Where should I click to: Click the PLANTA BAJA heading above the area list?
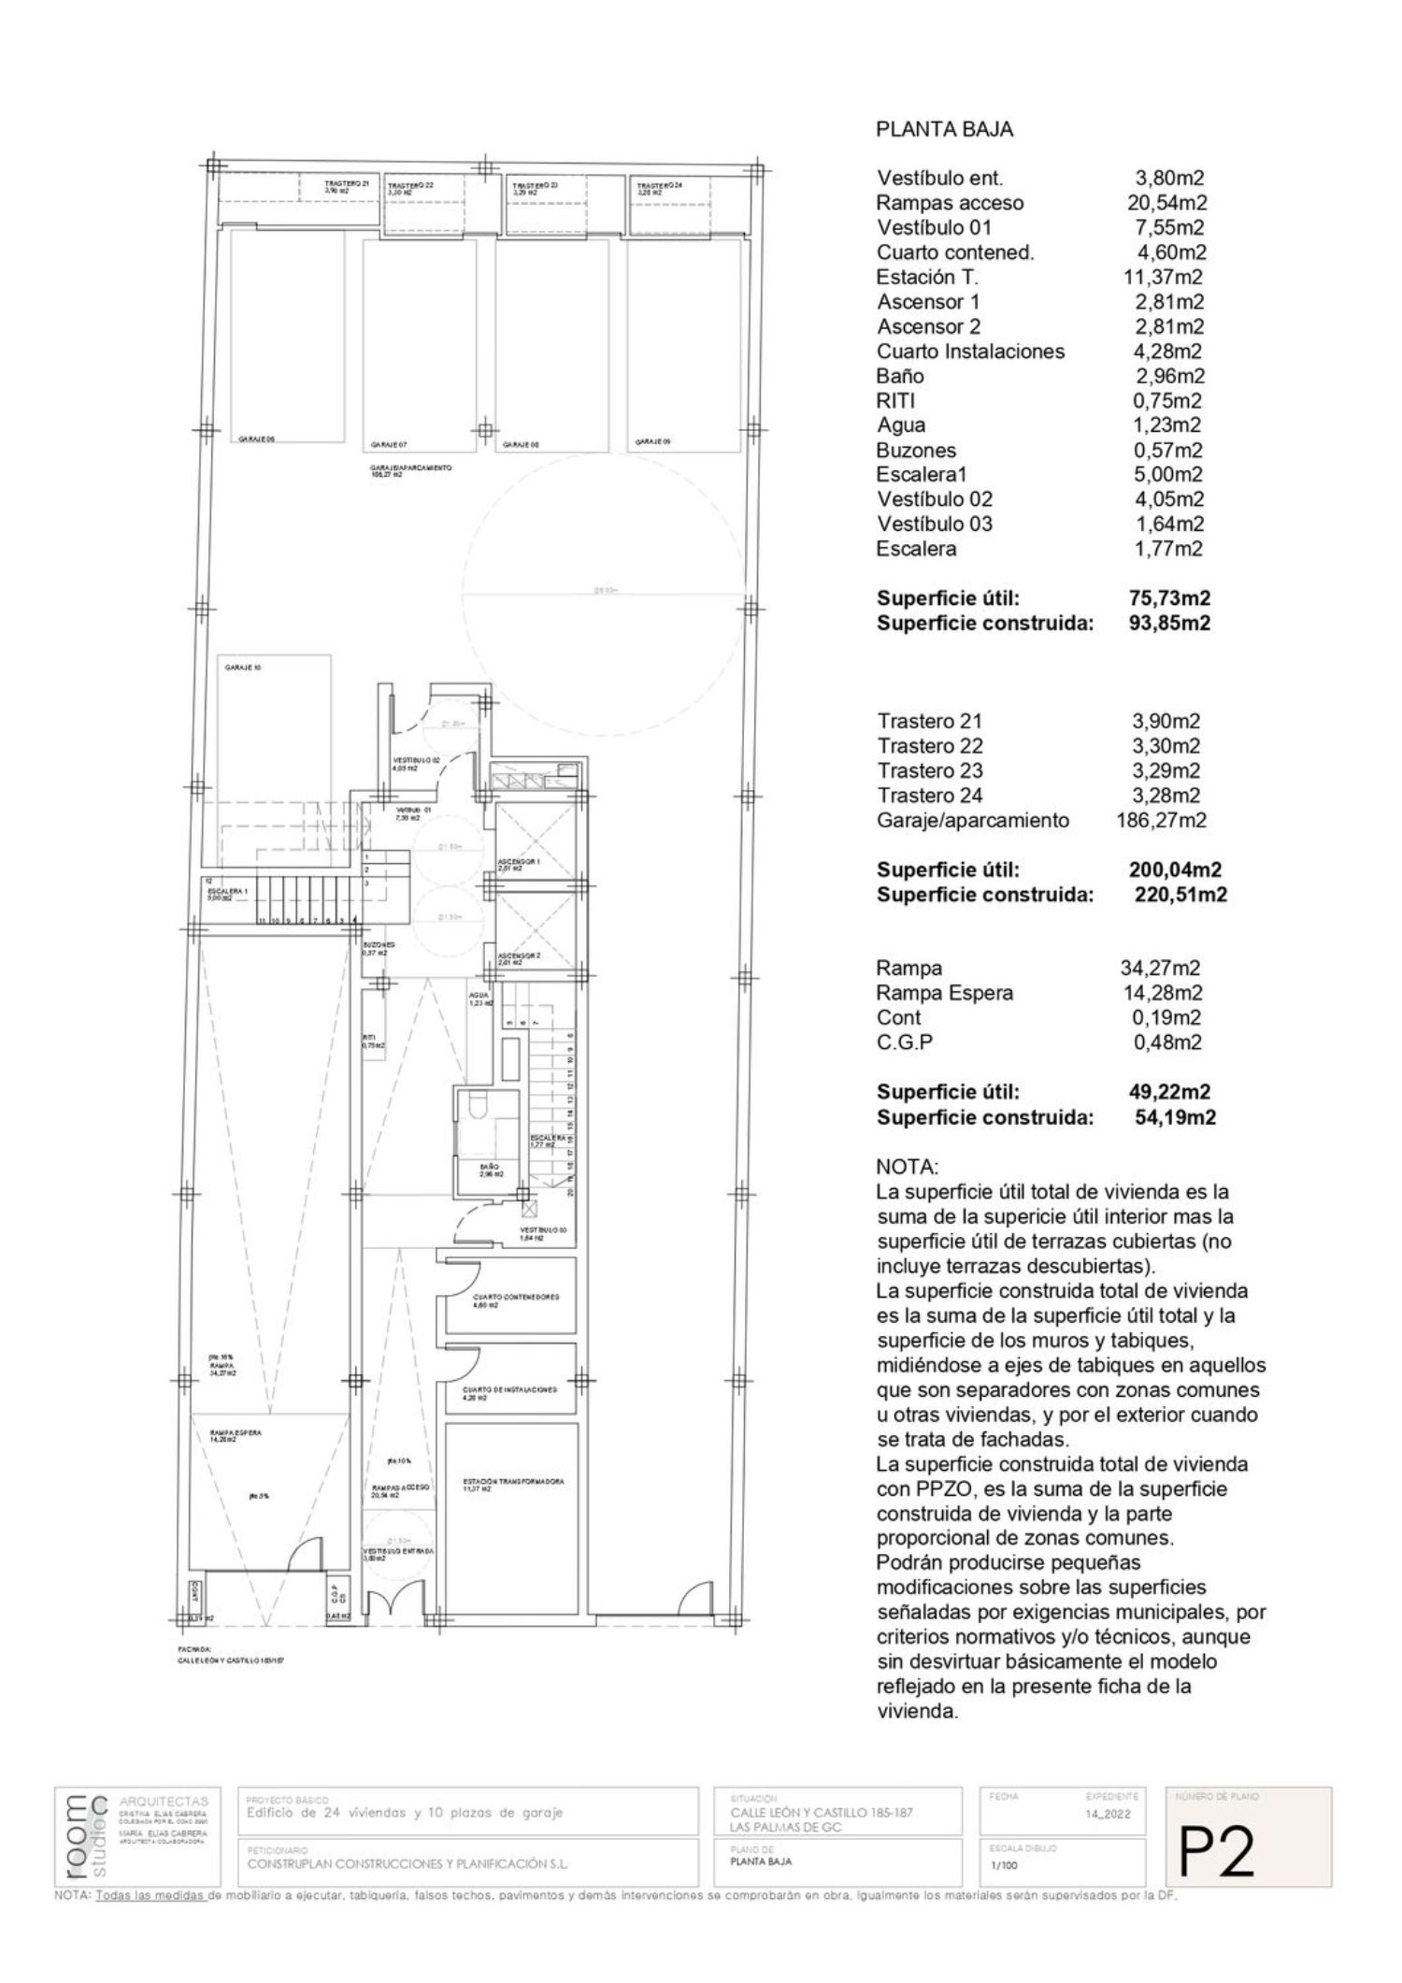(x=944, y=130)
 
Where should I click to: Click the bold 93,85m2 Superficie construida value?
(x=1169, y=623)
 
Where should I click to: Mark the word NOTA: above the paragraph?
(x=906, y=1168)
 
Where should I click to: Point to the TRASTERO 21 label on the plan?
(x=346, y=185)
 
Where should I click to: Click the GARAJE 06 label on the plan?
(x=257, y=438)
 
